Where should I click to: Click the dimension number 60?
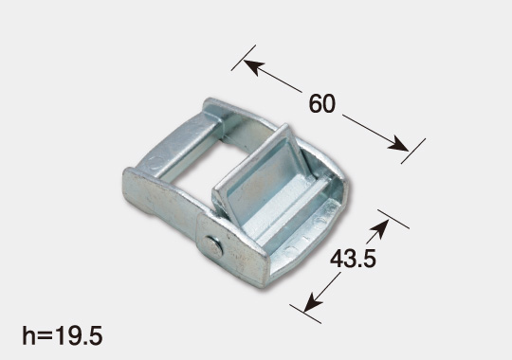[322, 104]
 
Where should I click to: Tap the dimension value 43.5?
[353, 260]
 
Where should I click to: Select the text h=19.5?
[63, 335]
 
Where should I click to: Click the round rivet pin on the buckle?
[212, 246]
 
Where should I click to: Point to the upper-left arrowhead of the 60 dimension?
[254, 67]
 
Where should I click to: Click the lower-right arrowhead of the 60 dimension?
[397, 144]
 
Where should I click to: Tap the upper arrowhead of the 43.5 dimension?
[379, 228]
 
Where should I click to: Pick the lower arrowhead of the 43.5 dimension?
[313, 302]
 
